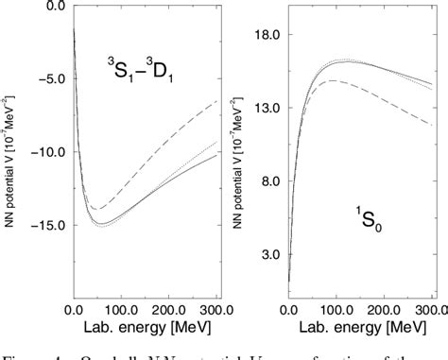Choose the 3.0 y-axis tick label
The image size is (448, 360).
click(273, 255)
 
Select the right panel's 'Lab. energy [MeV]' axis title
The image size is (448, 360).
click(362, 332)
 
